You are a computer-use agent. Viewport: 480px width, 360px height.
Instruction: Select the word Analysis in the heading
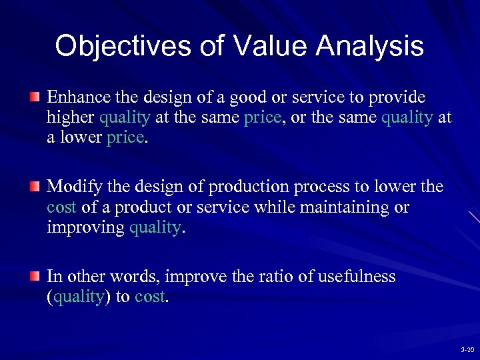(370, 47)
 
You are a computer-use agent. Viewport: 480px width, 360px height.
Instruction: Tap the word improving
(85, 228)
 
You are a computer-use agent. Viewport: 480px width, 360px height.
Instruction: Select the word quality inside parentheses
(77, 297)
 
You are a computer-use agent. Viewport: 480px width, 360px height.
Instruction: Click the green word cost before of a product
(62, 207)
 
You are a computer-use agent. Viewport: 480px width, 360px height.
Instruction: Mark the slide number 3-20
(467, 350)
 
